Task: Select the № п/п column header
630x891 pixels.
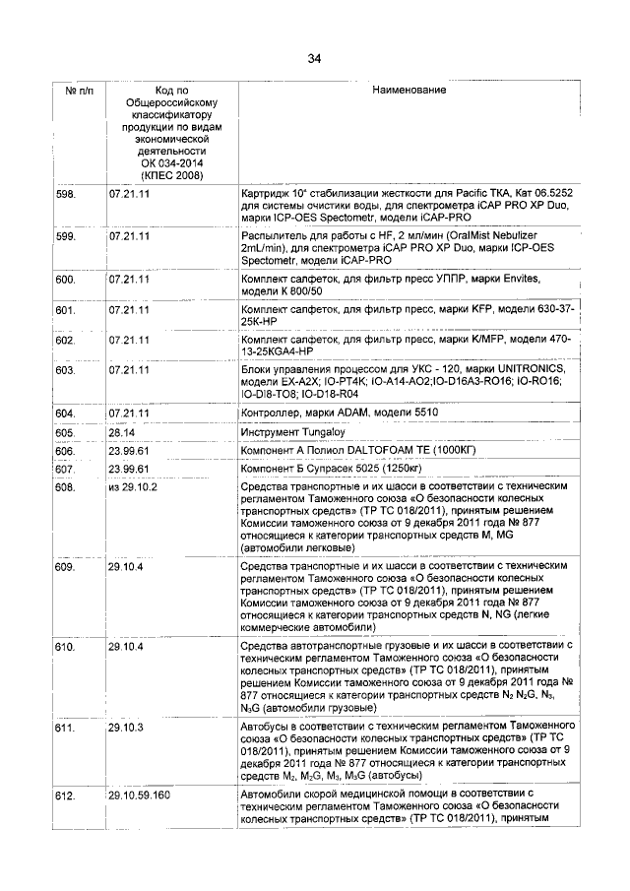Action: pos(78,91)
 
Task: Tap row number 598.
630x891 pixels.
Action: pos(67,195)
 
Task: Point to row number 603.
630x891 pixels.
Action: pos(67,370)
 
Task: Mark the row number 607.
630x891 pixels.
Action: pos(67,469)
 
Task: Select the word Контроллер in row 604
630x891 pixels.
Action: pos(273,413)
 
